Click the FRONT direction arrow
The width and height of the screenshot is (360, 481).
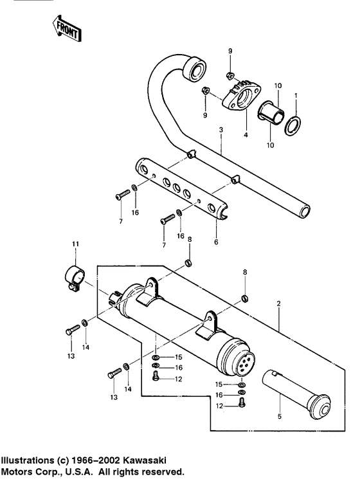point(65,28)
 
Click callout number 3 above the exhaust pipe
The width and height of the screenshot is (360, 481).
point(221,131)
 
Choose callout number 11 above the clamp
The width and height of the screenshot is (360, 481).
point(75,244)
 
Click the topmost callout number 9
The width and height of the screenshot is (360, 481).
point(230,51)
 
